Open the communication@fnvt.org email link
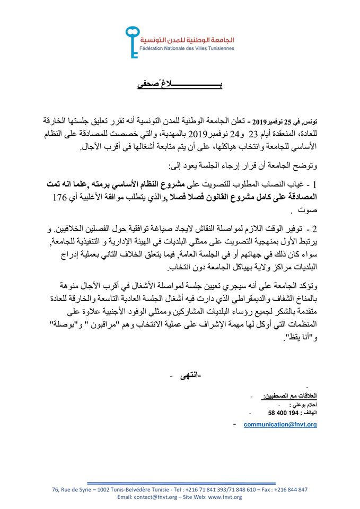pos(280,425)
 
